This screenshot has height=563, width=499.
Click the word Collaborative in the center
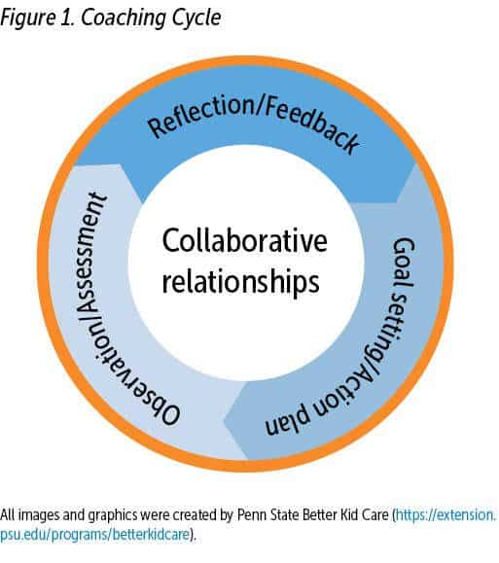click(245, 241)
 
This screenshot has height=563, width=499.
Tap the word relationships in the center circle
click(240, 281)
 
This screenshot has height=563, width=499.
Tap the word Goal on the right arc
click(404, 263)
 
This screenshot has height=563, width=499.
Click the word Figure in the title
click(28, 18)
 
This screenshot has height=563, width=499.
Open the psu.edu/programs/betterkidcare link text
click(94, 535)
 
